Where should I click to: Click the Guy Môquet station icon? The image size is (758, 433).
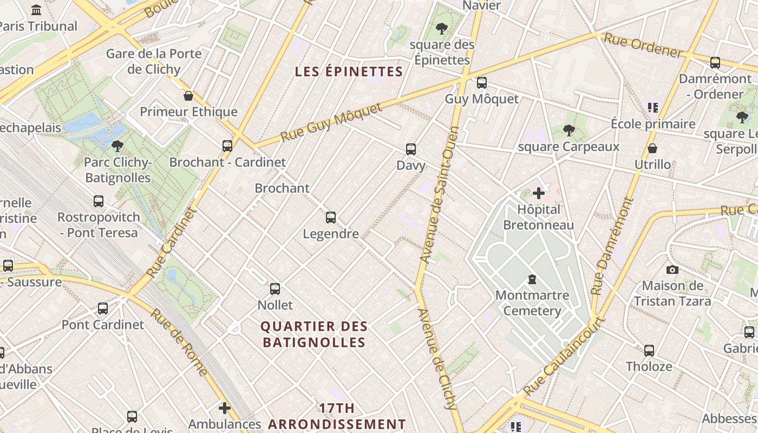tap(481, 83)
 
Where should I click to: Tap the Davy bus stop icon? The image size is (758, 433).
tap(411, 149)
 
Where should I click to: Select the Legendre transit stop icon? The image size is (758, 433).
tap(331, 218)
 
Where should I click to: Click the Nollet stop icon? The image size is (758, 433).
tap(275, 289)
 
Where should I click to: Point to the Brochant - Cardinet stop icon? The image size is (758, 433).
tap(227, 146)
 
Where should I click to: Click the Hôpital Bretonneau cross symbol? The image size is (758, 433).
tap(539, 193)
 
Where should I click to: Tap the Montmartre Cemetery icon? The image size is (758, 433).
tap(532, 279)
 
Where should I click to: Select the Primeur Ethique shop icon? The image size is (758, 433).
tap(188, 96)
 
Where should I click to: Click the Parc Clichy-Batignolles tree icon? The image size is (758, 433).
tap(117, 146)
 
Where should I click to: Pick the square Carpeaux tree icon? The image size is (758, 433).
tap(568, 130)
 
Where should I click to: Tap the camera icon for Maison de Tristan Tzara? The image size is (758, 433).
tap(672, 269)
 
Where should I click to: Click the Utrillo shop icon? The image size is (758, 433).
tap(652, 148)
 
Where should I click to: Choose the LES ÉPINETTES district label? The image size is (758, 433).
tap(349, 71)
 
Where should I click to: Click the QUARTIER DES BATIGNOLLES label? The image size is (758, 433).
tap(314, 334)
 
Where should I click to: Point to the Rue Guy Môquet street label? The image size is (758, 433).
tap(331, 123)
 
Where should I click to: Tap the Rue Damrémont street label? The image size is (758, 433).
tap(612, 247)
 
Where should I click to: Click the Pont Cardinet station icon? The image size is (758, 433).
tap(103, 309)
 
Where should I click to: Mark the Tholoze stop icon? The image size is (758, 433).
tap(649, 350)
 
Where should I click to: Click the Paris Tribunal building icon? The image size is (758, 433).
tap(37, 10)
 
